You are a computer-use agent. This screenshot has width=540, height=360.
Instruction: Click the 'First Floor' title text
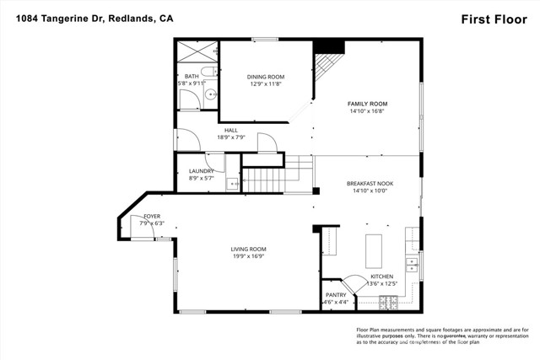click(x=496, y=18)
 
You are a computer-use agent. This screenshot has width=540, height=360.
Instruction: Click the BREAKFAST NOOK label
click(x=370, y=183)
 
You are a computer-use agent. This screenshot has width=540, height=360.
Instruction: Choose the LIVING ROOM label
click(x=249, y=249)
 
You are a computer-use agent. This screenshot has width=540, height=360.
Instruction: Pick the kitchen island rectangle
click(x=373, y=250)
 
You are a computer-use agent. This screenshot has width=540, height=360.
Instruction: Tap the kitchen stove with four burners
click(x=388, y=301)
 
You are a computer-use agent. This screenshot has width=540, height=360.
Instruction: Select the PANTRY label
click(x=334, y=294)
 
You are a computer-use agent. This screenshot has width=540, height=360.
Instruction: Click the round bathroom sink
click(x=211, y=94)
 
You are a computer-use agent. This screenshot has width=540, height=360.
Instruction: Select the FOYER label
click(x=152, y=217)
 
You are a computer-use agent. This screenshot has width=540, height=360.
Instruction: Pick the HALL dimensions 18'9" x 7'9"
click(x=231, y=137)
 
